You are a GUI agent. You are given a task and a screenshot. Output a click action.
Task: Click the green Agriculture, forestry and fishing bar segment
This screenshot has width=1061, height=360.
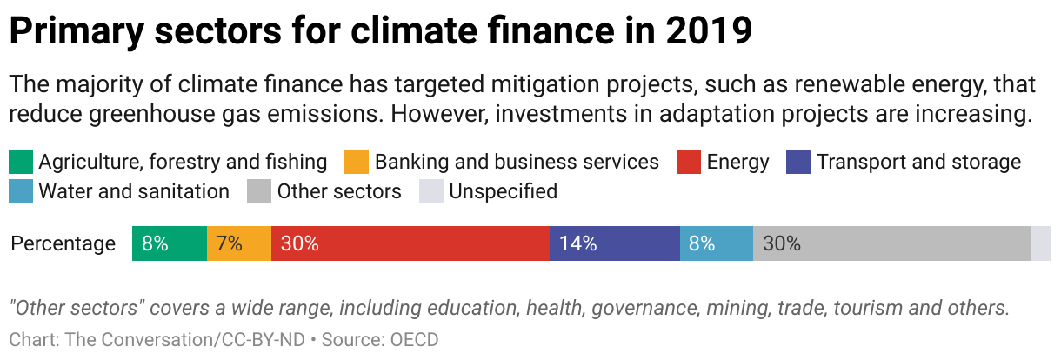click(169, 243)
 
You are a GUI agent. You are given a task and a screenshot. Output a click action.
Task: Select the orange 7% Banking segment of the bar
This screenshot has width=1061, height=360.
click(239, 243)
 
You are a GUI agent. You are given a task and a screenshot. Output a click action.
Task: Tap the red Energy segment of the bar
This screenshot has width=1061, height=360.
click(410, 243)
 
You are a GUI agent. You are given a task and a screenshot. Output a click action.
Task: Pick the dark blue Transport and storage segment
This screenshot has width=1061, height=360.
click(614, 243)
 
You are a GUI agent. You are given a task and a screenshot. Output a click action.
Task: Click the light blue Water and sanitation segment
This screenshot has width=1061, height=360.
click(716, 243)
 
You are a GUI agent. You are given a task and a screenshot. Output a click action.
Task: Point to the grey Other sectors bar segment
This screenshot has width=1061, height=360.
click(891, 243)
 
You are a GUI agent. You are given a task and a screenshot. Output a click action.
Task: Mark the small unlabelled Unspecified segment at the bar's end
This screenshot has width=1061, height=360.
click(1041, 243)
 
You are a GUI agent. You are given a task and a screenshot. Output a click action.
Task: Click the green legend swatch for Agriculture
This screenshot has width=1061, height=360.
click(21, 162)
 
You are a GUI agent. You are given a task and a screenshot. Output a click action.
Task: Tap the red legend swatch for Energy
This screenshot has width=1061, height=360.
click(689, 162)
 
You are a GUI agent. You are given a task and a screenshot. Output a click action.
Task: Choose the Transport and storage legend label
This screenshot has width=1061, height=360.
click(918, 162)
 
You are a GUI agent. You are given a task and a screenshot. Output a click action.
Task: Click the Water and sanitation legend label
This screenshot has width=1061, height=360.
click(134, 191)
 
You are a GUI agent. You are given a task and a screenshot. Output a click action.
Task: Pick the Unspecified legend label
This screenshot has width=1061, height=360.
click(503, 191)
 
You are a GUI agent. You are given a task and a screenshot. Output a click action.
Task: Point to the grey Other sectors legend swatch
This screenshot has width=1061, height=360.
click(259, 191)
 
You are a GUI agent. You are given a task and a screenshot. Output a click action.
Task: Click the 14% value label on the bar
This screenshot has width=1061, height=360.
click(578, 243)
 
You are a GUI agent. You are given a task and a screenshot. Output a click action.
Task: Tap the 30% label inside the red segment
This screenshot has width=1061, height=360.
click(300, 243)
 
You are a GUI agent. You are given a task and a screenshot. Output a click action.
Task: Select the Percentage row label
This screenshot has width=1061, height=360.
click(63, 243)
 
